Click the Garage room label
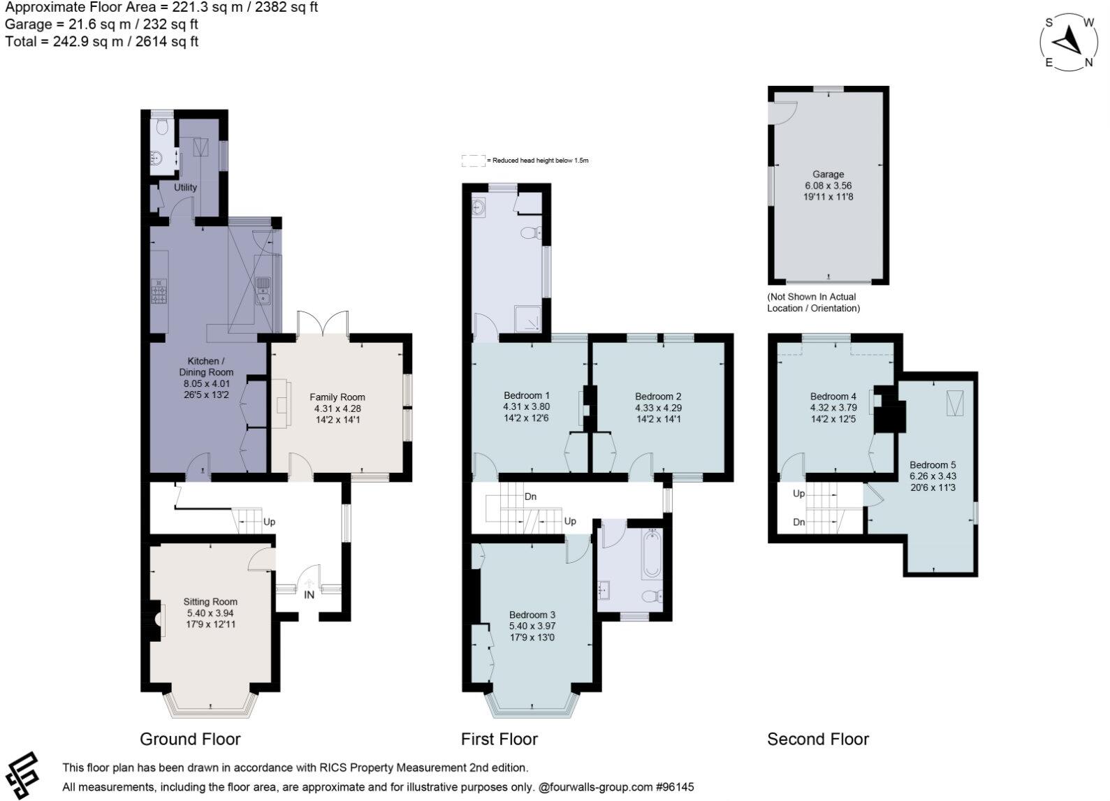tap(828, 175)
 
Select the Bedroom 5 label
tap(933, 465)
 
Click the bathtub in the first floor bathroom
tap(652, 554)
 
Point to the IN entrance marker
tap(309, 595)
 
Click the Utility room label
tap(186, 187)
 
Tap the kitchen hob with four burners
tap(159, 291)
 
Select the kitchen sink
tap(263, 291)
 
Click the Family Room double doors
tap(323, 325)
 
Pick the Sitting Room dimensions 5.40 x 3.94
tap(210, 613)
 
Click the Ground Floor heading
tap(190, 739)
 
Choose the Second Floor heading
tap(817, 739)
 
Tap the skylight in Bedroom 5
tap(954, 402)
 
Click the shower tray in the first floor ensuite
tap(531, 319)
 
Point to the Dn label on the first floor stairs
tap(530, 497)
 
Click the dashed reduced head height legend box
tap(473, 161)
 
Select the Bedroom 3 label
tap(532, 615)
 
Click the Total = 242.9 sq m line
tap(102, 42)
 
